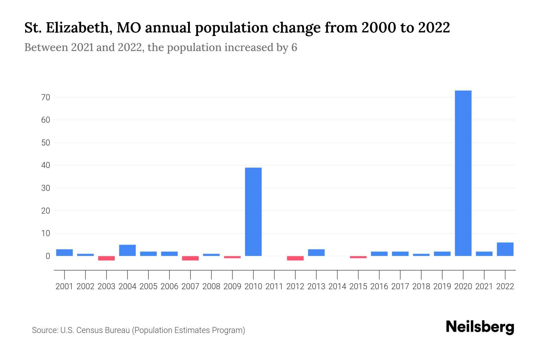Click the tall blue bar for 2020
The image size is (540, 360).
click(463, 173)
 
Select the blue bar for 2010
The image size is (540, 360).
click(253, 211)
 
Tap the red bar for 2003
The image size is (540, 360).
click(106, 258)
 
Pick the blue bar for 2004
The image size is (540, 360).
click(127, 250)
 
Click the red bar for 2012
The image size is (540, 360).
click(295, 258)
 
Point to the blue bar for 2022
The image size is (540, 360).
click(505, 249)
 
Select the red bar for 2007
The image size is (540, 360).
click(190, 258)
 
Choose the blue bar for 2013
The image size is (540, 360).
click(316, 253)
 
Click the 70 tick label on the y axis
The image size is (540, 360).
click(46, 97)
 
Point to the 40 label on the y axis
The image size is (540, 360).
click(46, 165)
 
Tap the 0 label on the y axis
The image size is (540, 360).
click(48, 256)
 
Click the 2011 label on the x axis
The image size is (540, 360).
click(274, 286)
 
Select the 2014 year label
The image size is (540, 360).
click(337, 286)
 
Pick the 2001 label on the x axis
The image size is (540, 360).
click(64, 286)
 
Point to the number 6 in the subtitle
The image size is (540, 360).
click(294, 48)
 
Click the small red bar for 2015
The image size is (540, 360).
click(358, 257)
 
